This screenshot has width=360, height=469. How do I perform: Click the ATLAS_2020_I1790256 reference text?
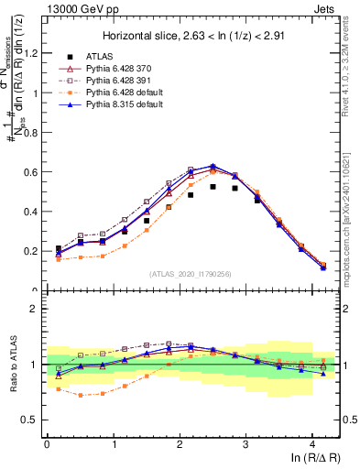[191, 274]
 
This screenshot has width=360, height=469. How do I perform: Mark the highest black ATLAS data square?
[213, 187]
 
